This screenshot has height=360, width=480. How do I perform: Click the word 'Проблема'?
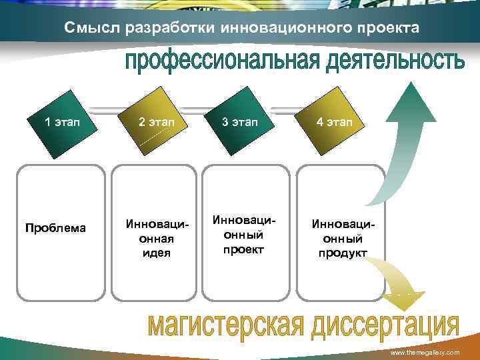55,228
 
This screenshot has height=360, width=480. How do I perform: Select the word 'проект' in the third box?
243,249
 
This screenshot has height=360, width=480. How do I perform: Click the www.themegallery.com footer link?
425,351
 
